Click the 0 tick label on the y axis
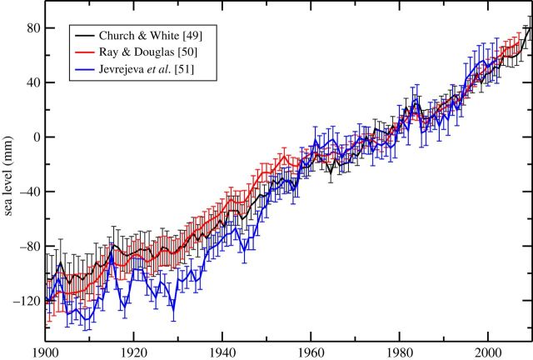(36, 137)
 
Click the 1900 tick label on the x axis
(46, 351)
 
